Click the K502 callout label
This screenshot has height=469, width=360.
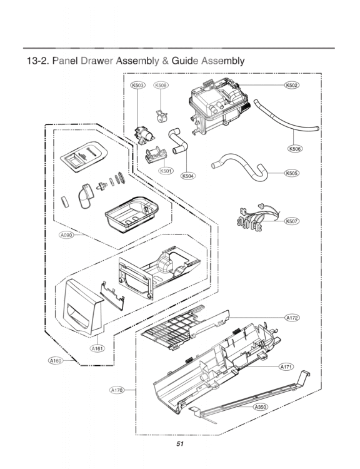point(291,85)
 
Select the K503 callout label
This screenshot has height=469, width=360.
point(137,85)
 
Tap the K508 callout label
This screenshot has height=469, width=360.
point(161,85)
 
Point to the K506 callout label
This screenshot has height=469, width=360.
point(295,149)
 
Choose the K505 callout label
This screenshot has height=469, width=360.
point(291,173)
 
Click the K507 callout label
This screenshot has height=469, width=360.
point(291,221)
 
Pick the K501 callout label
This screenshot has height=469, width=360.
point(166,171)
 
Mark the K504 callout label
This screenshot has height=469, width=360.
point(188,176)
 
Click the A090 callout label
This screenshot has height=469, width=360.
point(67,235)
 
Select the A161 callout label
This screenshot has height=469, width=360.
point(97,348)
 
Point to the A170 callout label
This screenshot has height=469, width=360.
point(117,390)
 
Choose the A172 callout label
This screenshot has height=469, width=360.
point(292,318)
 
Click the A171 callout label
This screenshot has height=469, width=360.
point(286,366)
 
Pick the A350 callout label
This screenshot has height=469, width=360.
point(261,407)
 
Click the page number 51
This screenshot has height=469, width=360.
point(180,445)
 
